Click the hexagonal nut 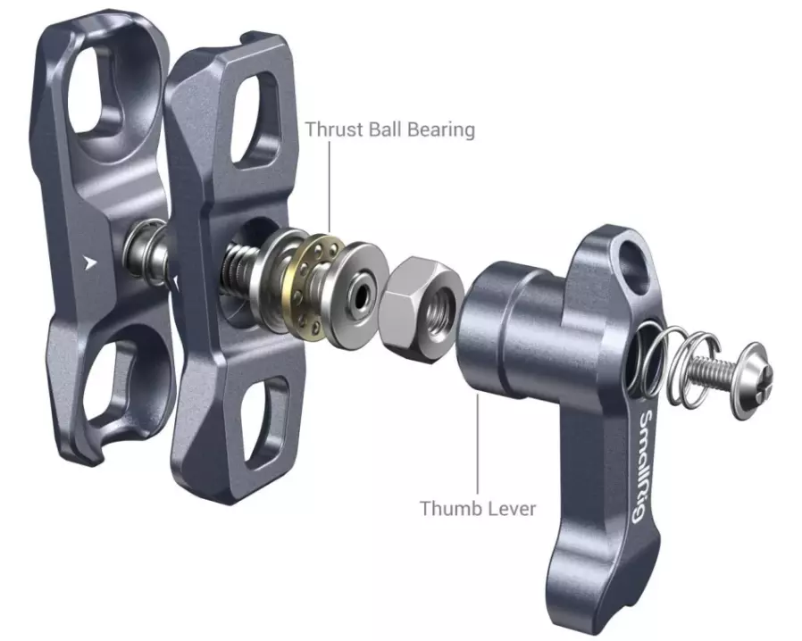pyautogui.click(x=421, y=308)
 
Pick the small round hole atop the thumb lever pyautogui.click(x=632, y=261)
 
